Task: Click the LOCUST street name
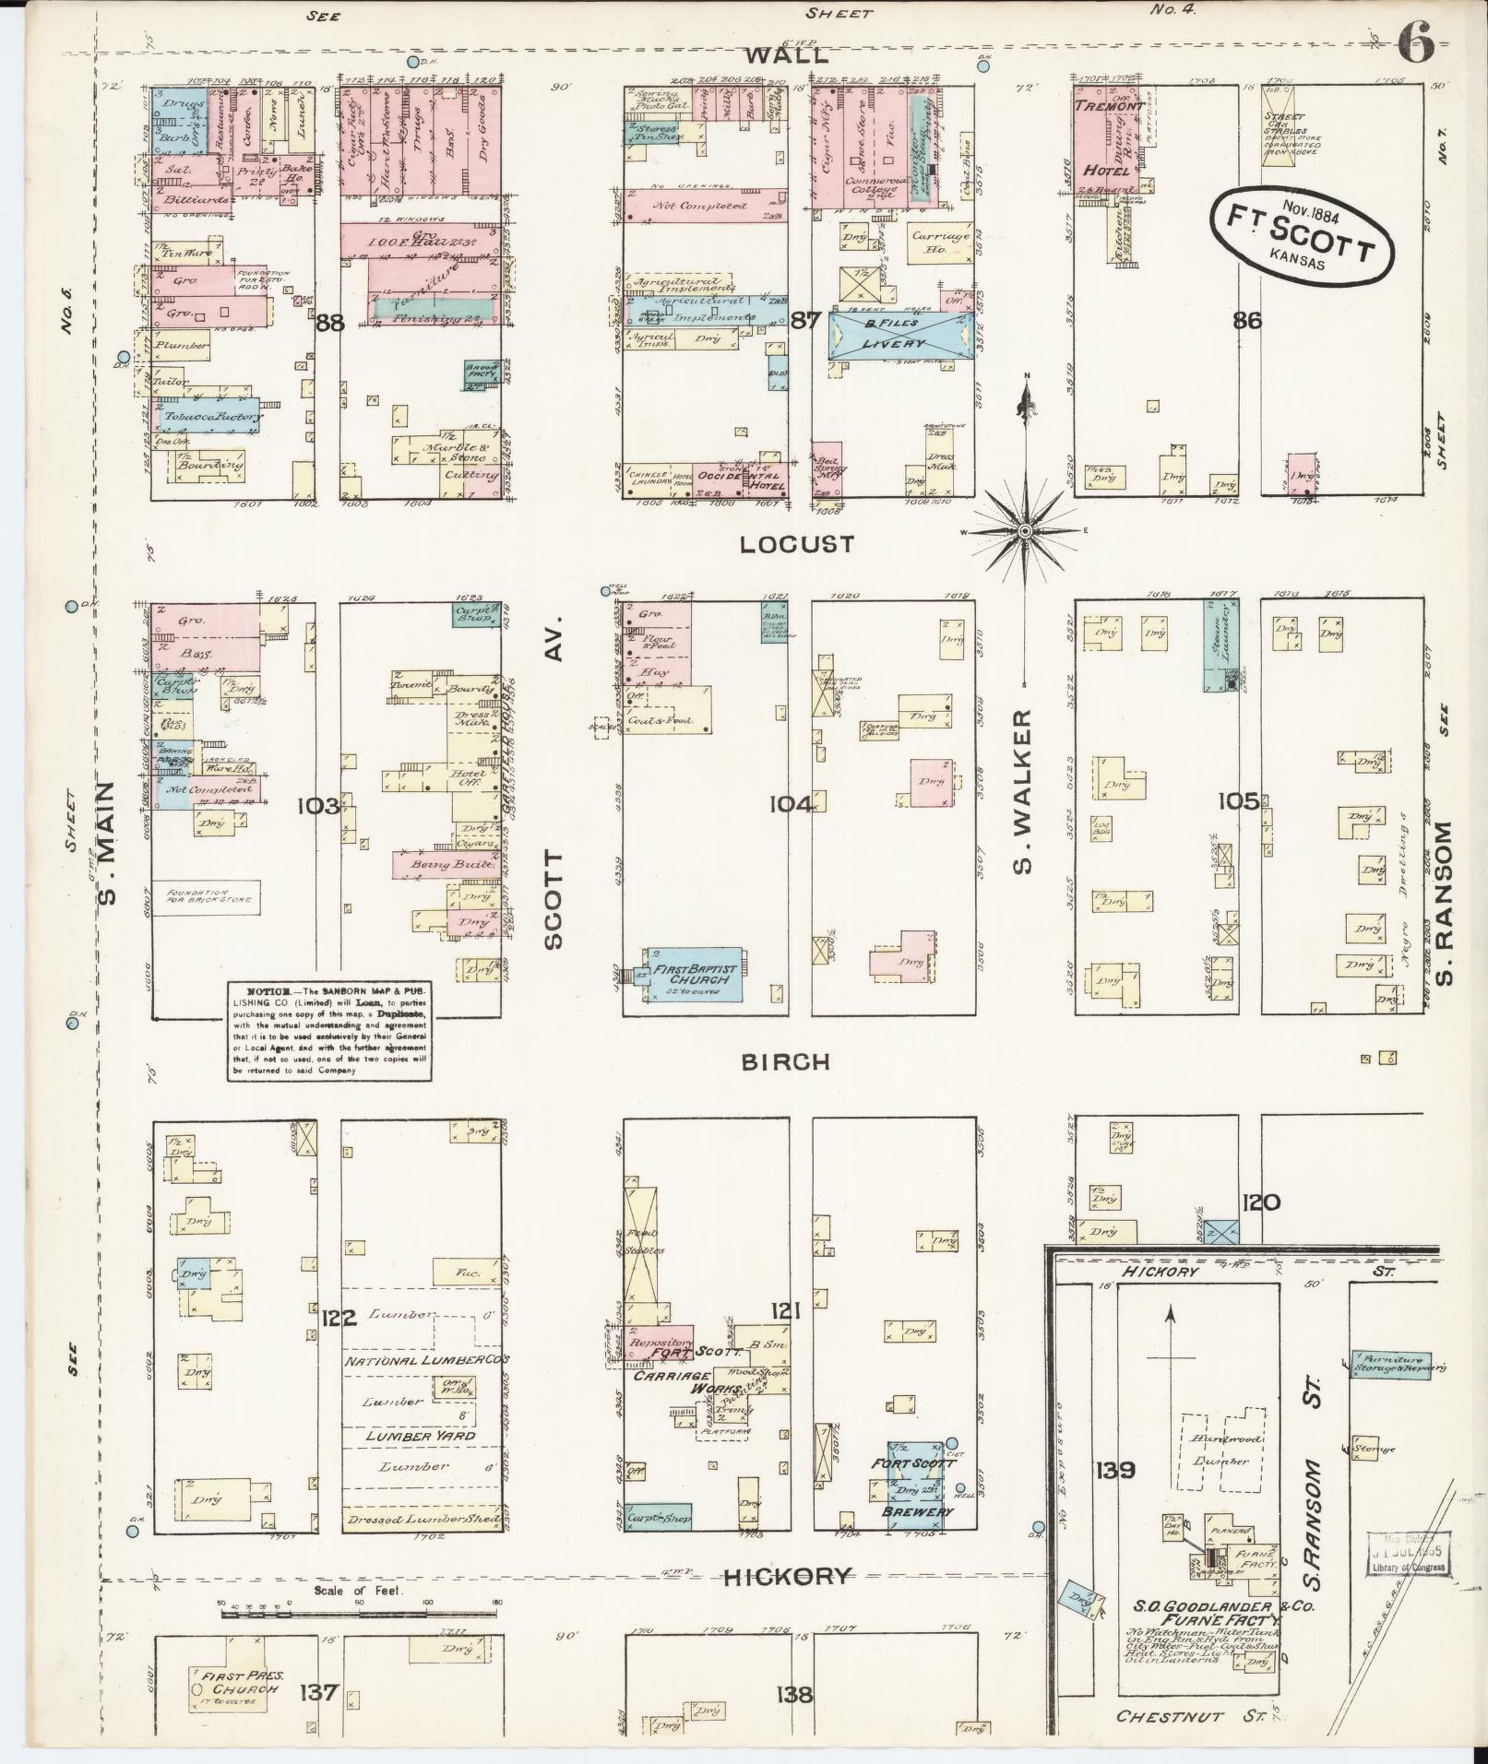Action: pos(797,544)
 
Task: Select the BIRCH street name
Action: pos(786,1061)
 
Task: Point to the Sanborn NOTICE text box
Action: pos(329,1031)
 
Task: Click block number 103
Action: pos(318,805)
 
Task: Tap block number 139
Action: pos(1115,1469)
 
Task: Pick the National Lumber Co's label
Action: pos(426,1360)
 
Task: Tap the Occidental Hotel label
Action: pos(739,479)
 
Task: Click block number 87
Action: pos(805,321)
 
